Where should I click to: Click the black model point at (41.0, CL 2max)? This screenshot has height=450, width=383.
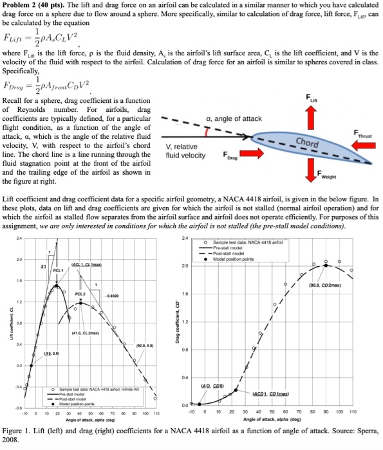(x=81, y=302)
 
